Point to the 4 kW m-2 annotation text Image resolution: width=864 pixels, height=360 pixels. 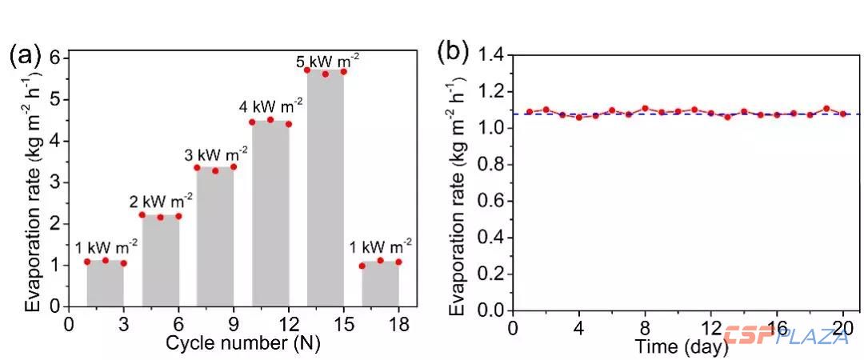pos(270,105)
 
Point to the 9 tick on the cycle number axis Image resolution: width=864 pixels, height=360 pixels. pos(233,325)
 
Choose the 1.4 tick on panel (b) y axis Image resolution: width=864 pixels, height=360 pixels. pos(489,55)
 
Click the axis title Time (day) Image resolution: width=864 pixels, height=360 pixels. pos(681,346)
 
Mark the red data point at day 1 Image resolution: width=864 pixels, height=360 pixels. pos(530,112)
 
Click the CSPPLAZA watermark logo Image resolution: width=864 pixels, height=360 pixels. pos(788,337)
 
